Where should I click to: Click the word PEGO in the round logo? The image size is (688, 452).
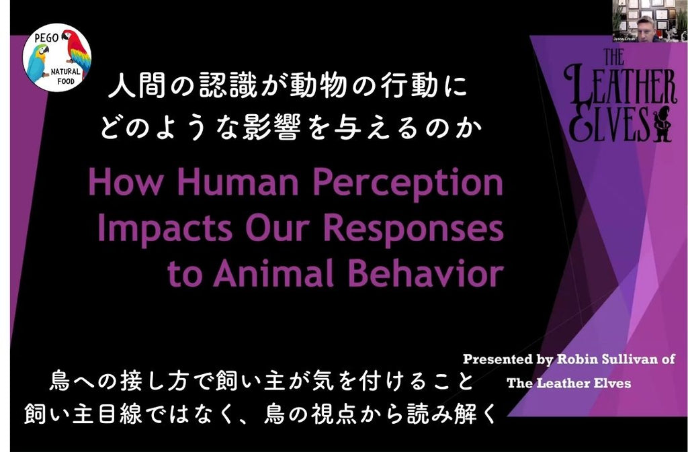click(x=46, y=38)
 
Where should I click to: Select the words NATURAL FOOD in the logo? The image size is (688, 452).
click(x=67, y=77)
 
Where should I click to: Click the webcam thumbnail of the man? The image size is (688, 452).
click(x=650, y=21)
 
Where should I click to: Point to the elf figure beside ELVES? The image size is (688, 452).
click(x=662, y=124)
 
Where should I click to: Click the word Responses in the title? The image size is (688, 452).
click(x=413, y=230)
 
